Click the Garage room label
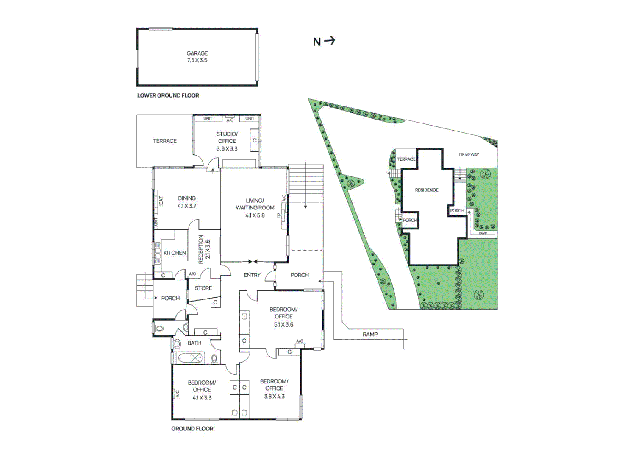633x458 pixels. point(197,57)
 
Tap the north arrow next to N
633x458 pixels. point(330,41)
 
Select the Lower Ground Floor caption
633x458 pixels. point(168,95)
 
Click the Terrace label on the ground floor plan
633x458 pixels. point(165,141)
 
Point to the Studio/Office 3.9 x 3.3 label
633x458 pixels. point(227,141)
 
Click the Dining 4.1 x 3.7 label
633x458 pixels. point(187,202)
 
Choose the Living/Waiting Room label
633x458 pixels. point(255,208)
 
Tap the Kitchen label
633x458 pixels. point(175,253)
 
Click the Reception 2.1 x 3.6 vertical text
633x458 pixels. point(204,249)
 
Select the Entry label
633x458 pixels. point(252,275)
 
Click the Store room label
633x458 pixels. point(203,288)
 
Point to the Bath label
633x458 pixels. point(194,343)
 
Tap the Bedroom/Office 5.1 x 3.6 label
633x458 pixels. point(283,317)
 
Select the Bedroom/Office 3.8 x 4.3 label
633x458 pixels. point(274,388)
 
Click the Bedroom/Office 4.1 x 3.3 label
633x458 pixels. point(202,390)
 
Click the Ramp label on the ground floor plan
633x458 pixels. point(370,334)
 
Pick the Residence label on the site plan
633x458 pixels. point(427,190)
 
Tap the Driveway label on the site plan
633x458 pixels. point(469,154)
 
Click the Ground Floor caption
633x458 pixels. point(192,429)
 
